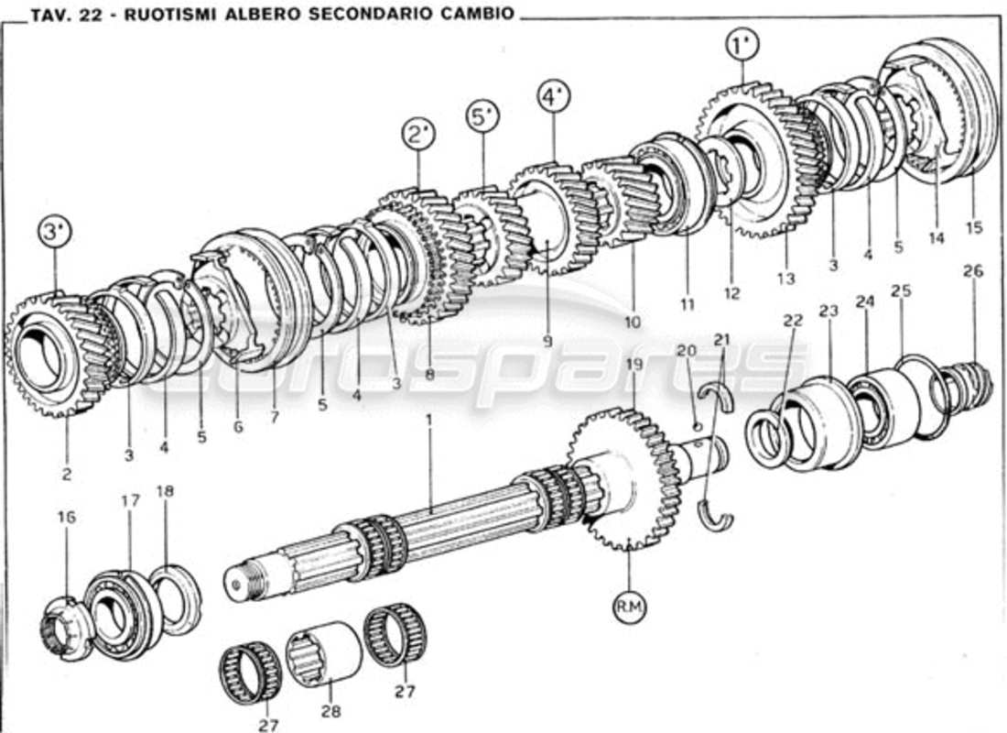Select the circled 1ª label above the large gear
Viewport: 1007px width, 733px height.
coord(741,43)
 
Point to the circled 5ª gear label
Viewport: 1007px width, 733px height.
coord(483,117)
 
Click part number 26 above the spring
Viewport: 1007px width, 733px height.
coord(972,271)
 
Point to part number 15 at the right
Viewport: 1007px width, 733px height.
coord(973,227)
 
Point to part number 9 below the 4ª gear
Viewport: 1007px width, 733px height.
coord(547,341)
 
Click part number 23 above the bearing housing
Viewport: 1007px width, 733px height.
coord(828,312)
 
